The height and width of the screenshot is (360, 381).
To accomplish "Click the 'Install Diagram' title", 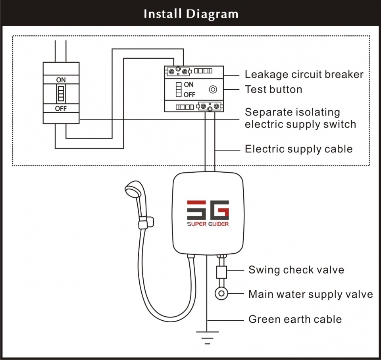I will point(191,14).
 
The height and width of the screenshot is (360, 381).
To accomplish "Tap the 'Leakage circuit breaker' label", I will point(304,74).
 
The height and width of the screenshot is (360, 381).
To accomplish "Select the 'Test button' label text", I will point(273,89).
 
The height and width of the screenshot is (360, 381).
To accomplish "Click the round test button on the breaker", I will point(213,90).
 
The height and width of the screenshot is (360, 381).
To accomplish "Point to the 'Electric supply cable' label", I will point(298,149).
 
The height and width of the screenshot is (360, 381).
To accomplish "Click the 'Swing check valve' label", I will point(296,270).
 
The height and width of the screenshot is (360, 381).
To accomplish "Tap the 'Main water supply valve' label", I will point(310,295).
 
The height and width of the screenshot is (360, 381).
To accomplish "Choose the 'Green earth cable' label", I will point(295,319).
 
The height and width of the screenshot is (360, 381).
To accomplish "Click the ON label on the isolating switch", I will point(61,80).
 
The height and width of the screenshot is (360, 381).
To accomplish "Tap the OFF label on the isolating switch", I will point(61,108).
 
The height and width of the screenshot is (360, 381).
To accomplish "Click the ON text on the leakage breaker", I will point(189,85).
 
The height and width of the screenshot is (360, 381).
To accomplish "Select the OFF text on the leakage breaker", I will point(190,94).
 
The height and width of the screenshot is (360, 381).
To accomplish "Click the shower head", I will point(132,190).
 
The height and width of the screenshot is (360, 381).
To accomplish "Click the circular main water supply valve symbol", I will point(221,295).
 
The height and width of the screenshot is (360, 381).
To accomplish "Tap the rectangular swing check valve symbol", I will point(221,273).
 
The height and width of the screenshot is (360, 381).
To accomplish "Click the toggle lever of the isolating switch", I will point(61,94).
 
